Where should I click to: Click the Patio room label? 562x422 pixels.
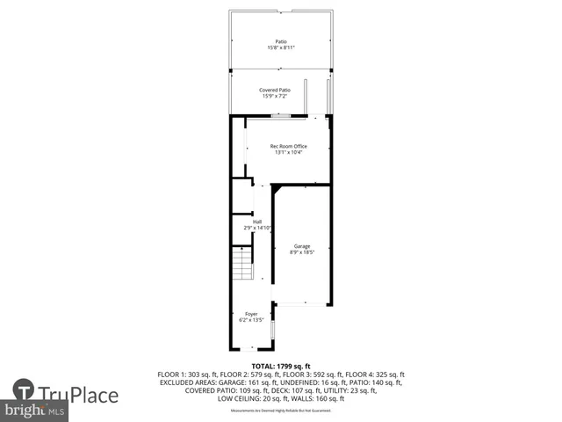(281, 41)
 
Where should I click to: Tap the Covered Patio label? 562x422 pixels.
(275, 90)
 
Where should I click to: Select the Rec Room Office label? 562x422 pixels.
(288, 146)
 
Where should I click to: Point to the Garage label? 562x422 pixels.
(302, 246)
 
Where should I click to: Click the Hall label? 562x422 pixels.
(257, 222)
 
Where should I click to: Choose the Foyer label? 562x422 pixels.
(251, 314)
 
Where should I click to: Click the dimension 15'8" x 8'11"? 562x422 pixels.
(281, 47)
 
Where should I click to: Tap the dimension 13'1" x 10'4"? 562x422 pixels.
(288, 153)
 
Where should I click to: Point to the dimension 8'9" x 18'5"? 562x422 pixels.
(302, 252)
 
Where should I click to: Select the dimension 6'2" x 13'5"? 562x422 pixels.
(251, 320)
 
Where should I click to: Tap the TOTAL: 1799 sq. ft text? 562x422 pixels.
(280, 365)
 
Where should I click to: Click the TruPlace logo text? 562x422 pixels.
(78, 395)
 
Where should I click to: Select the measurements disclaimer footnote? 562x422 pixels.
(280, 411)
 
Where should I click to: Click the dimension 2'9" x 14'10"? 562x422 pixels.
(257, 228)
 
